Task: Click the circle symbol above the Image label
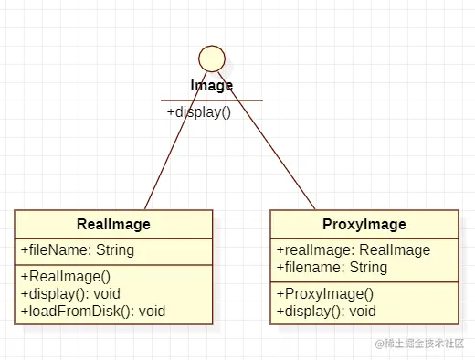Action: pyautogui.click(x=212, y=58)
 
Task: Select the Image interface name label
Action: pyautogui.click(x=212, y=85)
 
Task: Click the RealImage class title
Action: pyautogui.click(x=113, y=224)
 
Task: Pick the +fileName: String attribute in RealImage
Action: pyautogui.click(x=78, y=249)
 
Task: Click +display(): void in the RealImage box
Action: pyautogui.click(x=70, y=293)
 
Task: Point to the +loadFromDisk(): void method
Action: pyautogui.click(x=93, y=311)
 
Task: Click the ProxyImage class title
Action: pyautogui.click(x=364, y=224)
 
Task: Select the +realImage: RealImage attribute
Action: pyautogui.click(x=353, y=250)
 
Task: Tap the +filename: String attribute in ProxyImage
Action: pyautogui.click(x=332, y=268)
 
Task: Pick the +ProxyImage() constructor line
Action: pyautogui.click(x=325, y=294)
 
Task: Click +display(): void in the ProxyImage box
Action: pyautogui.click(x=326, y=311)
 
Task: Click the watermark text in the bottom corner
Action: pyautogui.click(x=419, y=344)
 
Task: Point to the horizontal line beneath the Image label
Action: pyautogui.click(x=212, y=100)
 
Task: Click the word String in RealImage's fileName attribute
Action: pyautogui.click(x=114, y=249)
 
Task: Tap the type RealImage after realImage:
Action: pyautogui.click(x=394, y=250)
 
